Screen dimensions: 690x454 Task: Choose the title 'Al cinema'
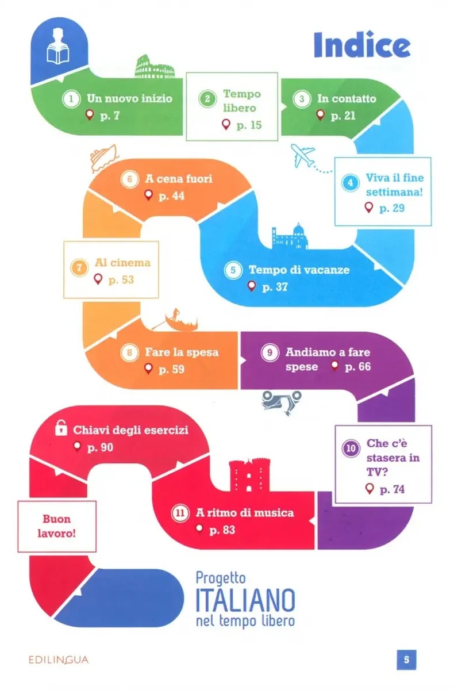point(122,263)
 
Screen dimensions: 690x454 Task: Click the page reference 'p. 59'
point(171,369)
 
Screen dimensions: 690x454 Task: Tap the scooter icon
point(281,398)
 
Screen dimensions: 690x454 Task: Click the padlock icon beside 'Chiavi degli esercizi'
point(59,428)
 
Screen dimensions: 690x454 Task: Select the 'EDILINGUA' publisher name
point(59,660)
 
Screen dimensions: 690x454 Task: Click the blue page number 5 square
point(406,660)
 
